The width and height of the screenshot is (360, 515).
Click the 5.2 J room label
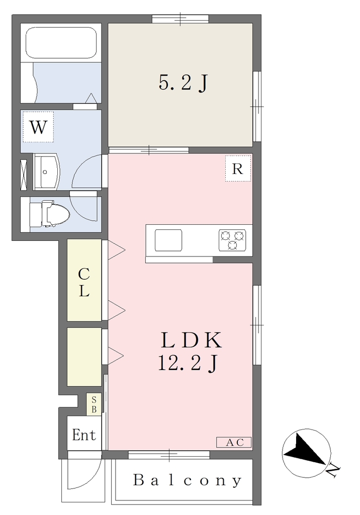184,82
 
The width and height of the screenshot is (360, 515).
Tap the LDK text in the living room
191,340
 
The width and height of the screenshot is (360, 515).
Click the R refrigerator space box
238,168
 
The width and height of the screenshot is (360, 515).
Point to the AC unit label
234,443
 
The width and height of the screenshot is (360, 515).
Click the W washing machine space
38,127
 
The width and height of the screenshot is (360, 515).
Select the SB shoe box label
94,405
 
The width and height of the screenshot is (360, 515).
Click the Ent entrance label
84,435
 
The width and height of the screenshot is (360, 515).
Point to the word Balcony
187,480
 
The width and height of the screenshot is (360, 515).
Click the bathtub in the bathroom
61,43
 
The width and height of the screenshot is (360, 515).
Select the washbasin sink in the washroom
46,172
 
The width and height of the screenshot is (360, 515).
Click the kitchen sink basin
168,240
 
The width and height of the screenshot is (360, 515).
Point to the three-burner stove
233,240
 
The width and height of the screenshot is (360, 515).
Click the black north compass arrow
304,449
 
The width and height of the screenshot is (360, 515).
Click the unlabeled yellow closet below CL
84,357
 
